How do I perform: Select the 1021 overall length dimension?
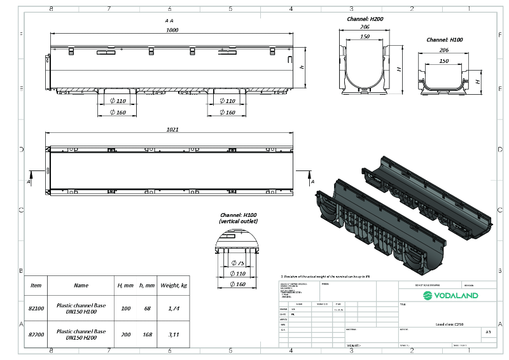172,129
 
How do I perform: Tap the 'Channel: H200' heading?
365,19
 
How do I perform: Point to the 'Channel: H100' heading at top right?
444,39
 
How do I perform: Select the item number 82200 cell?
36,334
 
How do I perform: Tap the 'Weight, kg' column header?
174,286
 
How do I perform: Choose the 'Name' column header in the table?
81,286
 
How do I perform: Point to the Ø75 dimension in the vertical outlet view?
238,263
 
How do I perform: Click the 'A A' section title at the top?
169,20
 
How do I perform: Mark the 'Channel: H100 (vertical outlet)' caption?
238,218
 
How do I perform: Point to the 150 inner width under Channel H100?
443,61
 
